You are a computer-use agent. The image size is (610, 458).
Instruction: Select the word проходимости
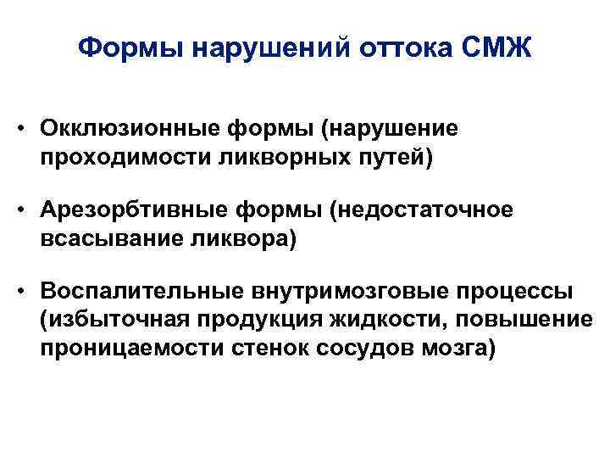click(x=105, y=158)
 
